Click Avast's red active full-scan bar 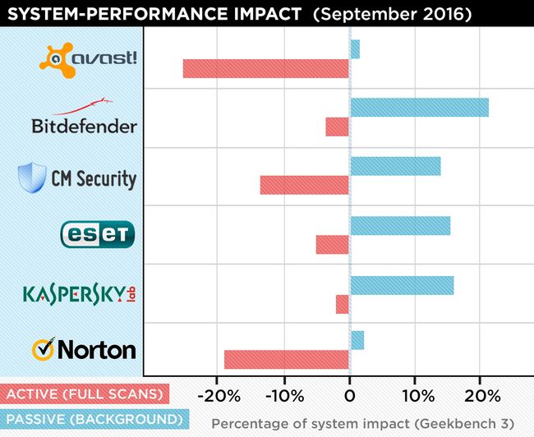click(266, 68)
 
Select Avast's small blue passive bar click(355, 49)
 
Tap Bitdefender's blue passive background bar click(419, 108)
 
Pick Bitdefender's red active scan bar click(338, 126)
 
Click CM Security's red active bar click(305, 185)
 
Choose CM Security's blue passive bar click(395, 166)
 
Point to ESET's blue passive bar click(400, 225)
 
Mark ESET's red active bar click(333, 244)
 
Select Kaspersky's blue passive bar click(402, 285)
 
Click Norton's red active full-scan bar click(287, 360)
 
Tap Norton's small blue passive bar click(357, 340)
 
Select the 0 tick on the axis click(350, 396)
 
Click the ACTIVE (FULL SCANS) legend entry click(85, 394)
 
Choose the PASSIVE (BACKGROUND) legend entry click(94, 419)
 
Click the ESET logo click(97, 234)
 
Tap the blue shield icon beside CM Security click(31, 177)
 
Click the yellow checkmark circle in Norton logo click(44, 349)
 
